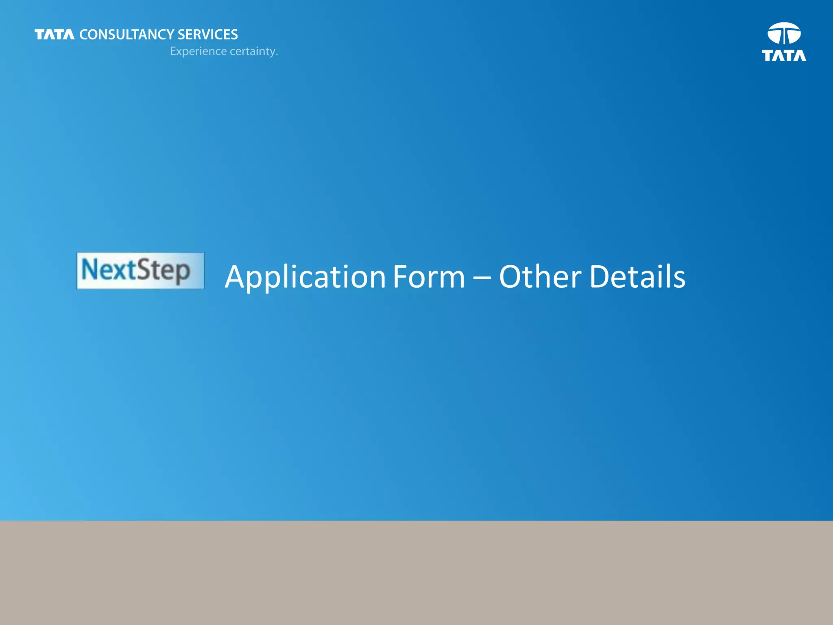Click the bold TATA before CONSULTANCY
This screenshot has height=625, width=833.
pyautogui.click(x=55, y=35)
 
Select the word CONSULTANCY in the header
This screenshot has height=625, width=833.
pyautogui.click(x=127, y=35)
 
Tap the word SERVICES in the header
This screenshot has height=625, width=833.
pyautogui.click(x=207, y=35)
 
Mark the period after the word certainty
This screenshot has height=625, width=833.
pyautogui.click(x=277, y=55)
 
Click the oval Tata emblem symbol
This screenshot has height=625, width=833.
pyautogui.click(x=784, y=33)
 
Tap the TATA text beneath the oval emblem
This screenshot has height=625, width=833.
pyautogui.click(x=784, y=56)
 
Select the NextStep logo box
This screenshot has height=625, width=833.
pyautogui.click(x=140, y=271)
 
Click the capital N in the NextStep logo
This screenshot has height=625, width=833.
pyautogui.click(x=90, y=269)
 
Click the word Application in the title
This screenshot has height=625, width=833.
pyautogui.click(x=305, y=277)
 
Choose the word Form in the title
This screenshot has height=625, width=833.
pyautogui.click(x=429, y=277)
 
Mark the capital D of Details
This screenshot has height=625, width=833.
pyautogui.click(x=600, y=277)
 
